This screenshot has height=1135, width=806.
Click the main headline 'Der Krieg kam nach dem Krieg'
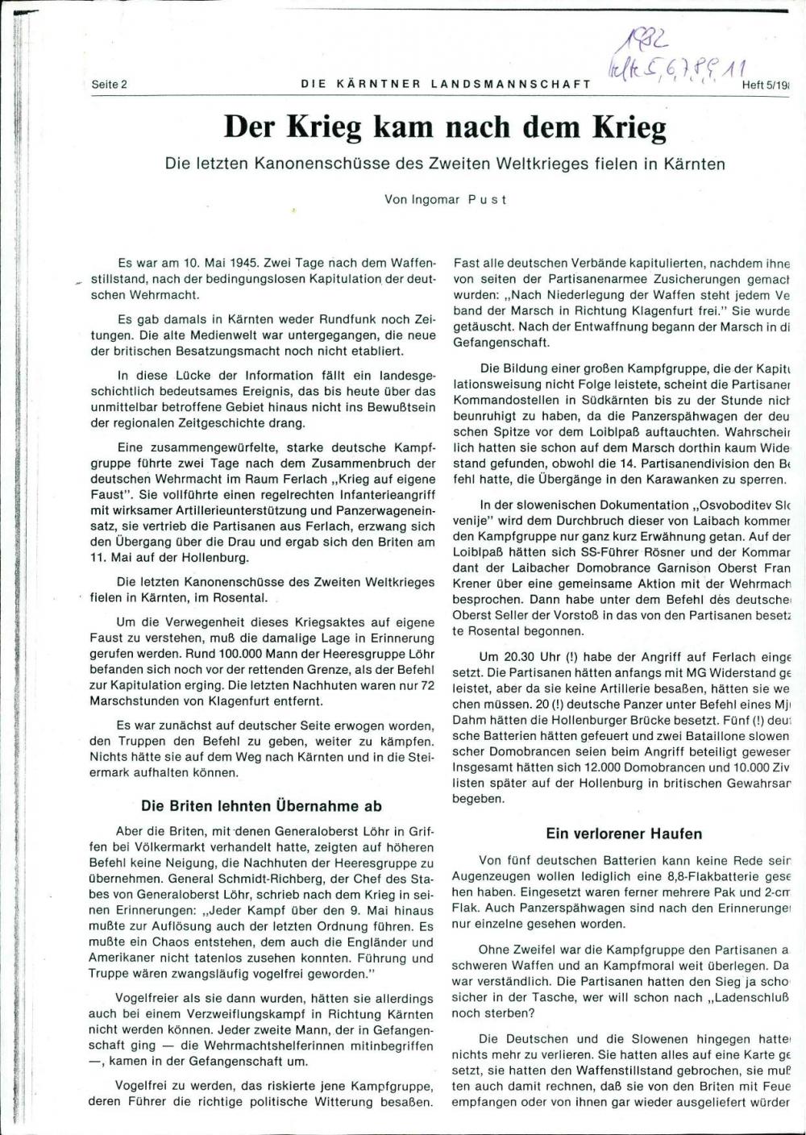(445, 127)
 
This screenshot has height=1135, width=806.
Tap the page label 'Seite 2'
(110, 84)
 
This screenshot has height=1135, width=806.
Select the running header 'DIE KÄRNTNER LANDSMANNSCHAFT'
(446, 84)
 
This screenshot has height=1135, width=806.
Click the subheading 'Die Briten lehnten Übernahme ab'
(261, 805)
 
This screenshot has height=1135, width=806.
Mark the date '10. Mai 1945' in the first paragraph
(220, 264)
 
